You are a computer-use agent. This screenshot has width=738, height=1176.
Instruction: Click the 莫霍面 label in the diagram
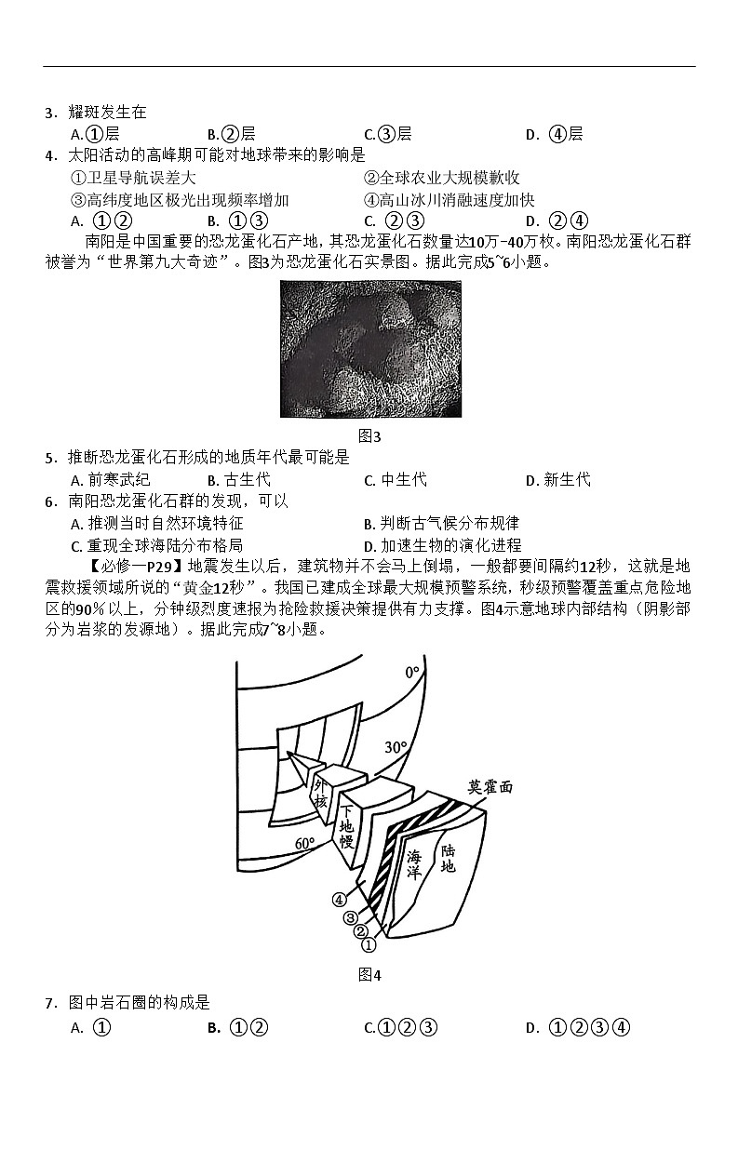tap(490, 786)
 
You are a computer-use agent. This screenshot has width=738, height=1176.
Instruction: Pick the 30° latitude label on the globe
tap(396, 747)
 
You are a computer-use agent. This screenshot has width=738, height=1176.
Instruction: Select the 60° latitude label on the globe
tap(305, 843)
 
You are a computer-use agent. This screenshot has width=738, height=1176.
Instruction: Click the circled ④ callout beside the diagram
tap(339, 900)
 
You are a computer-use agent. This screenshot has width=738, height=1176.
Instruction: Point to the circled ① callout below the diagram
tap(369, 945)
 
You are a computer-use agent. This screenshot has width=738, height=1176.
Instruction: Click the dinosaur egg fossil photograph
tap(369, 350)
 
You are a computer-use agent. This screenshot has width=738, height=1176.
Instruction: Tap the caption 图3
tap(369, 435)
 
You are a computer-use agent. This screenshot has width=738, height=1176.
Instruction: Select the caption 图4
tap(369, 975)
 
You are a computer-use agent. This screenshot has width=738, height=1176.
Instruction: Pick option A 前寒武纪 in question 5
tap(110, 480)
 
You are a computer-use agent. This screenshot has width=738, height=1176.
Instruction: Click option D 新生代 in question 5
tap(558, 480)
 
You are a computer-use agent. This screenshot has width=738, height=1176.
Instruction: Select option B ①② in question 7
tap(238, 1028)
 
